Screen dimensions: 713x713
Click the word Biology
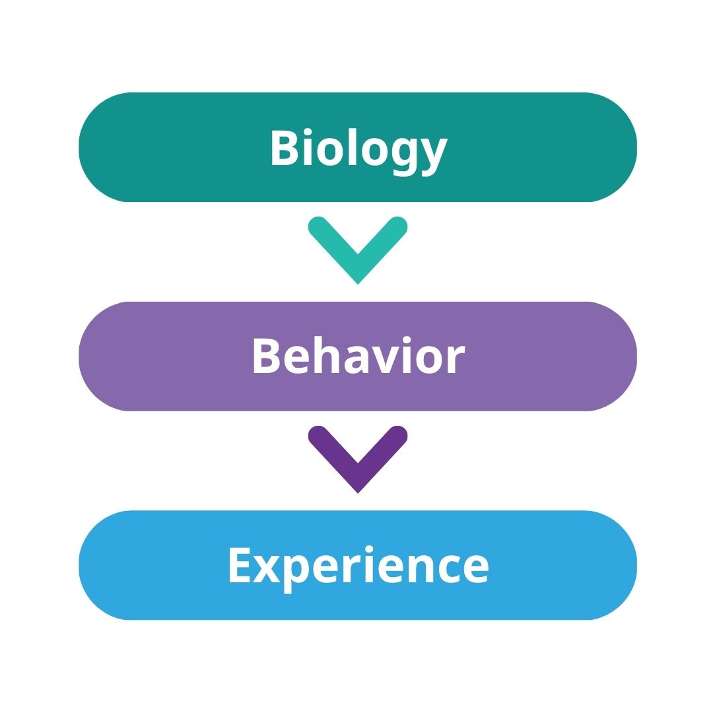(358, 149)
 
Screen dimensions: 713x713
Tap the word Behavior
(358, 357)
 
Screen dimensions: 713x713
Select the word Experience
(358, 566)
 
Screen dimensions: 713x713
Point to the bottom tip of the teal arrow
(358, 283)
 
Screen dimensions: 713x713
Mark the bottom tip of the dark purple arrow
(358, 491)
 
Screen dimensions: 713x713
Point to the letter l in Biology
(352, 146)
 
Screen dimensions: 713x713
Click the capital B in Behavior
(265, 356)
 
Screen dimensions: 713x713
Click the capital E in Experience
(239, 564)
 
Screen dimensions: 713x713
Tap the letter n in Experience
(421, 568)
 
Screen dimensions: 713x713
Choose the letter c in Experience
(451, 569)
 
